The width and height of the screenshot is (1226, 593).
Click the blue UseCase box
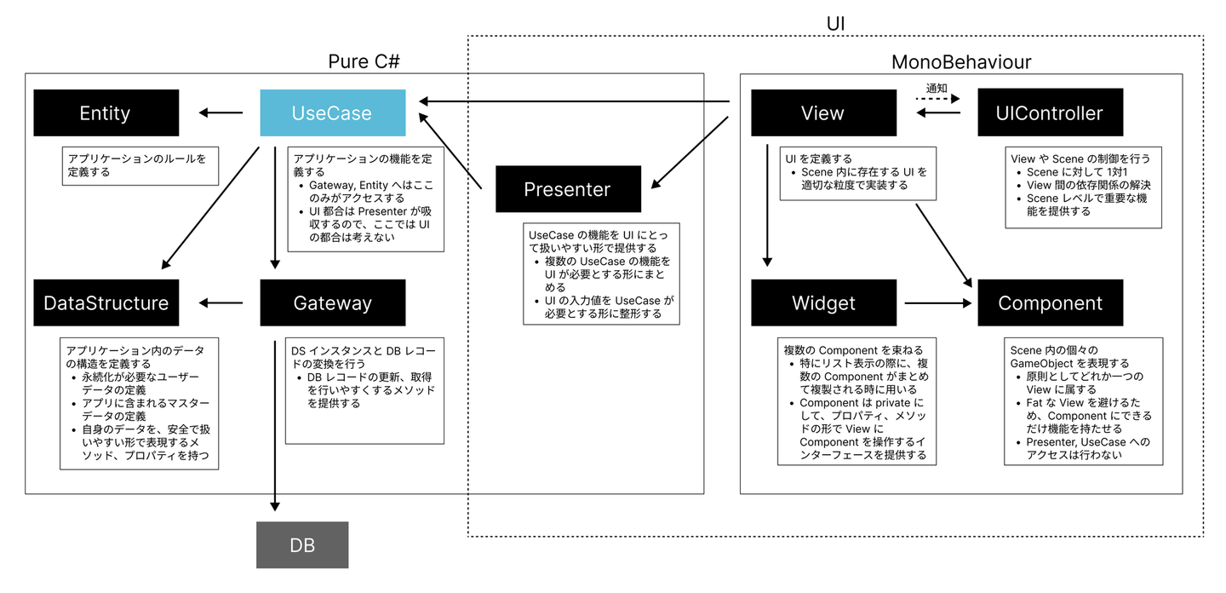(332, 112)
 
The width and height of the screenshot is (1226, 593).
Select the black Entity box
(106, 112)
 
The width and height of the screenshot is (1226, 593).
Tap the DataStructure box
(106, 302)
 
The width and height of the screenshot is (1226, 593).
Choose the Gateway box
(332, 302)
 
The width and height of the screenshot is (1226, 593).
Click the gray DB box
(302, 544)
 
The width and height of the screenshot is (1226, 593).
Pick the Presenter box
(568, 189)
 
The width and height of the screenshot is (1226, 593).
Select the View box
(823, 112)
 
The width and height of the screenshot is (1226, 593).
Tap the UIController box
(1050, 112)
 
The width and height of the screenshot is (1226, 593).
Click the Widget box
(823, 302)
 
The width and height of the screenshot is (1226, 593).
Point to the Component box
(1050, 302)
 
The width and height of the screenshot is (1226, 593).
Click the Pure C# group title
(364, 61)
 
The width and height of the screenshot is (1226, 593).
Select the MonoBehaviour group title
(961, 61)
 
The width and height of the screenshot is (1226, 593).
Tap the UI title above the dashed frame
(835, 23)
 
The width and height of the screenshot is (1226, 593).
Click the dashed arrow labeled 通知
(937, 99)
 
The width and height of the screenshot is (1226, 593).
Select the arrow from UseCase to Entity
(220, 112)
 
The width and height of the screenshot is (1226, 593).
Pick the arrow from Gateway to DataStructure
(220, 302)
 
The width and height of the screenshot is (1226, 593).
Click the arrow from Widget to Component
(937, 302)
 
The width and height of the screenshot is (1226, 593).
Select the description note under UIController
(1084, 185)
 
